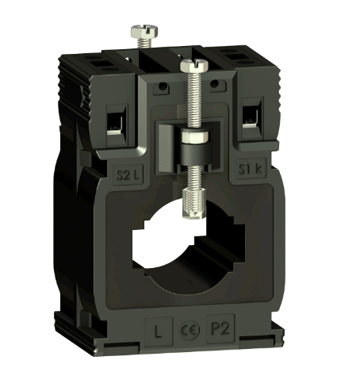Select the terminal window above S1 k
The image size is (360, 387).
[x=252, y=117]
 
